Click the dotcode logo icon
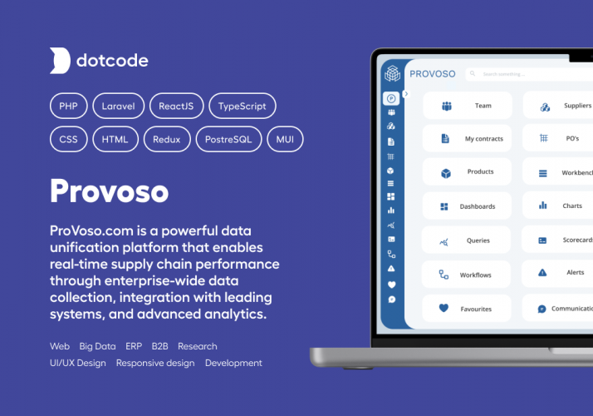pos(60,61)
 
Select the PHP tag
pos(67,106)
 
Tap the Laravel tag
pos(118,106)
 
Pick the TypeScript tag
pos(242,106)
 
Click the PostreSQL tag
pos(228,139)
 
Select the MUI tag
pos(285,139)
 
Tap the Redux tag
pos(166,139)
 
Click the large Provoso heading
pos(109,191)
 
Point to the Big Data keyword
pos(97,346)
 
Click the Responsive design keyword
pos(155,363)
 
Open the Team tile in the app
pos(467,106)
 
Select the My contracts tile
pos(467,139)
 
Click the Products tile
pos(467,172)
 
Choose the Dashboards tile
pos(467,206)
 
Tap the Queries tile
pos(467,240)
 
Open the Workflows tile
pos(467,275)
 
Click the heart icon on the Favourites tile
pos(444,308)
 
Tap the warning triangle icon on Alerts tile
pos(542,272)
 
